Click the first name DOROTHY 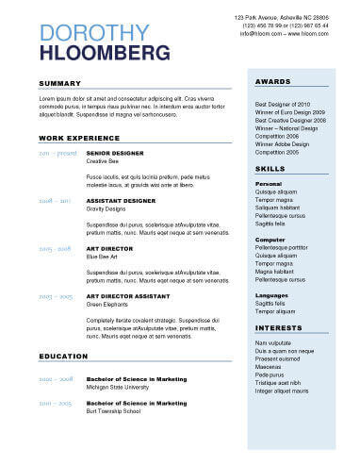click(94, 34)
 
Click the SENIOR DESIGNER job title click(114, 152)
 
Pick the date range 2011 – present click(57, 152)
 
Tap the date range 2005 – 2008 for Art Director click(56, 248)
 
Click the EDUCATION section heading click(64, 356)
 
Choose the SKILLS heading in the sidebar click(270, 168)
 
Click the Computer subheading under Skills click(270, 240)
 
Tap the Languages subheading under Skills click(272, 295)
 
